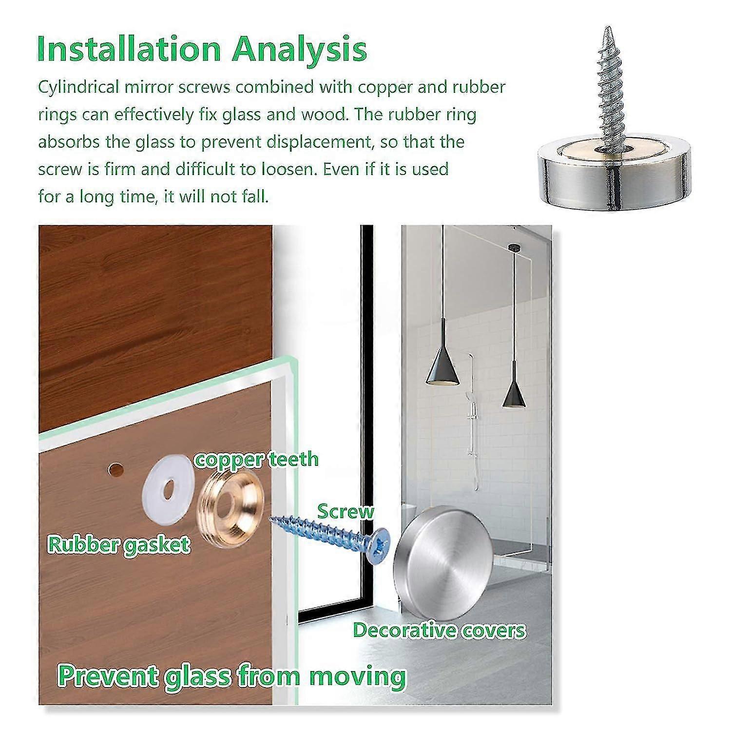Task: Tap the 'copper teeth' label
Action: (257, 459)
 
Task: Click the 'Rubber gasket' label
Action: (118, 544)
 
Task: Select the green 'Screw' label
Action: (346, 512)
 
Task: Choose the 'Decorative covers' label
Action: (439, 630)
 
